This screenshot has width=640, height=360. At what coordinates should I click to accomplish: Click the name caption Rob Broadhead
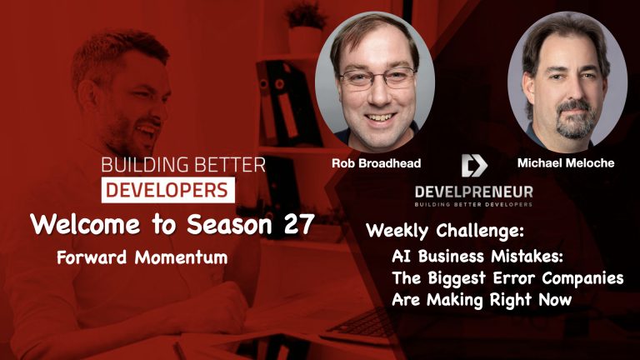(x=376, y=163)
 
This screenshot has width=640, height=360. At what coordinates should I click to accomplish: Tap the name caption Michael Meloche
(x=566, y=162)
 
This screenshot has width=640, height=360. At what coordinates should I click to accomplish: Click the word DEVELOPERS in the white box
(x=167, y=190)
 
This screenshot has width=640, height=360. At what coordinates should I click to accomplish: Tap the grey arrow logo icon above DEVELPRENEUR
(x=474, y=165)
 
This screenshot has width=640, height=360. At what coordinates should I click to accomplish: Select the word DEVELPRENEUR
(x=474, y=192)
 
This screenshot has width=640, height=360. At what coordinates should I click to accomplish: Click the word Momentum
(x=181, y=257)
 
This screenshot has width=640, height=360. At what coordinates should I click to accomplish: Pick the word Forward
(x=92, y=257)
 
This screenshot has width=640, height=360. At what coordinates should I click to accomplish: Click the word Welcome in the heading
(x=84, y=224)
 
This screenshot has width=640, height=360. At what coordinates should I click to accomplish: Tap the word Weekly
(x=397, y=231)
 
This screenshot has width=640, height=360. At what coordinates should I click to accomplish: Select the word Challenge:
(x=480, y=231)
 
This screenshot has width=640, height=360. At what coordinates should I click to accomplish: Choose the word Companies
(x=582, y=278)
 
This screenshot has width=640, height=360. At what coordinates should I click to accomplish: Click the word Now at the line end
(x=555, y=300)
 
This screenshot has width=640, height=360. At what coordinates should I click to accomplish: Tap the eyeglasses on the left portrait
(x=377, y=78)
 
